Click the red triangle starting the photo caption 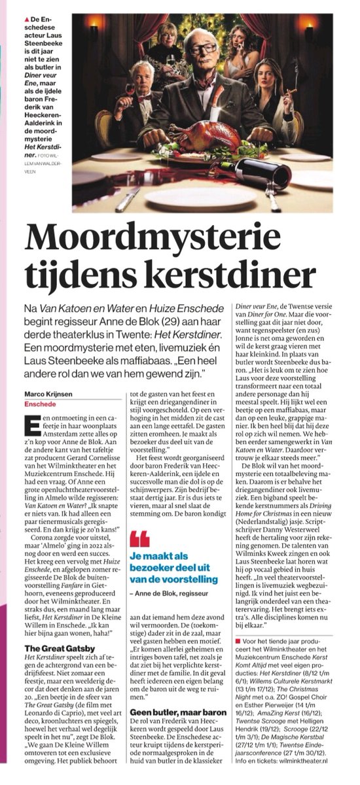click(x=24, y=12)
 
